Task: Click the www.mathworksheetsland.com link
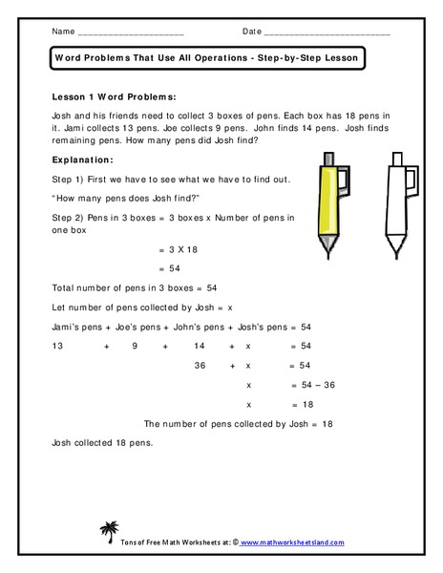291,541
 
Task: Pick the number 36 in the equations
200,366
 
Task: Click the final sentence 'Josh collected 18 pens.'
100,443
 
